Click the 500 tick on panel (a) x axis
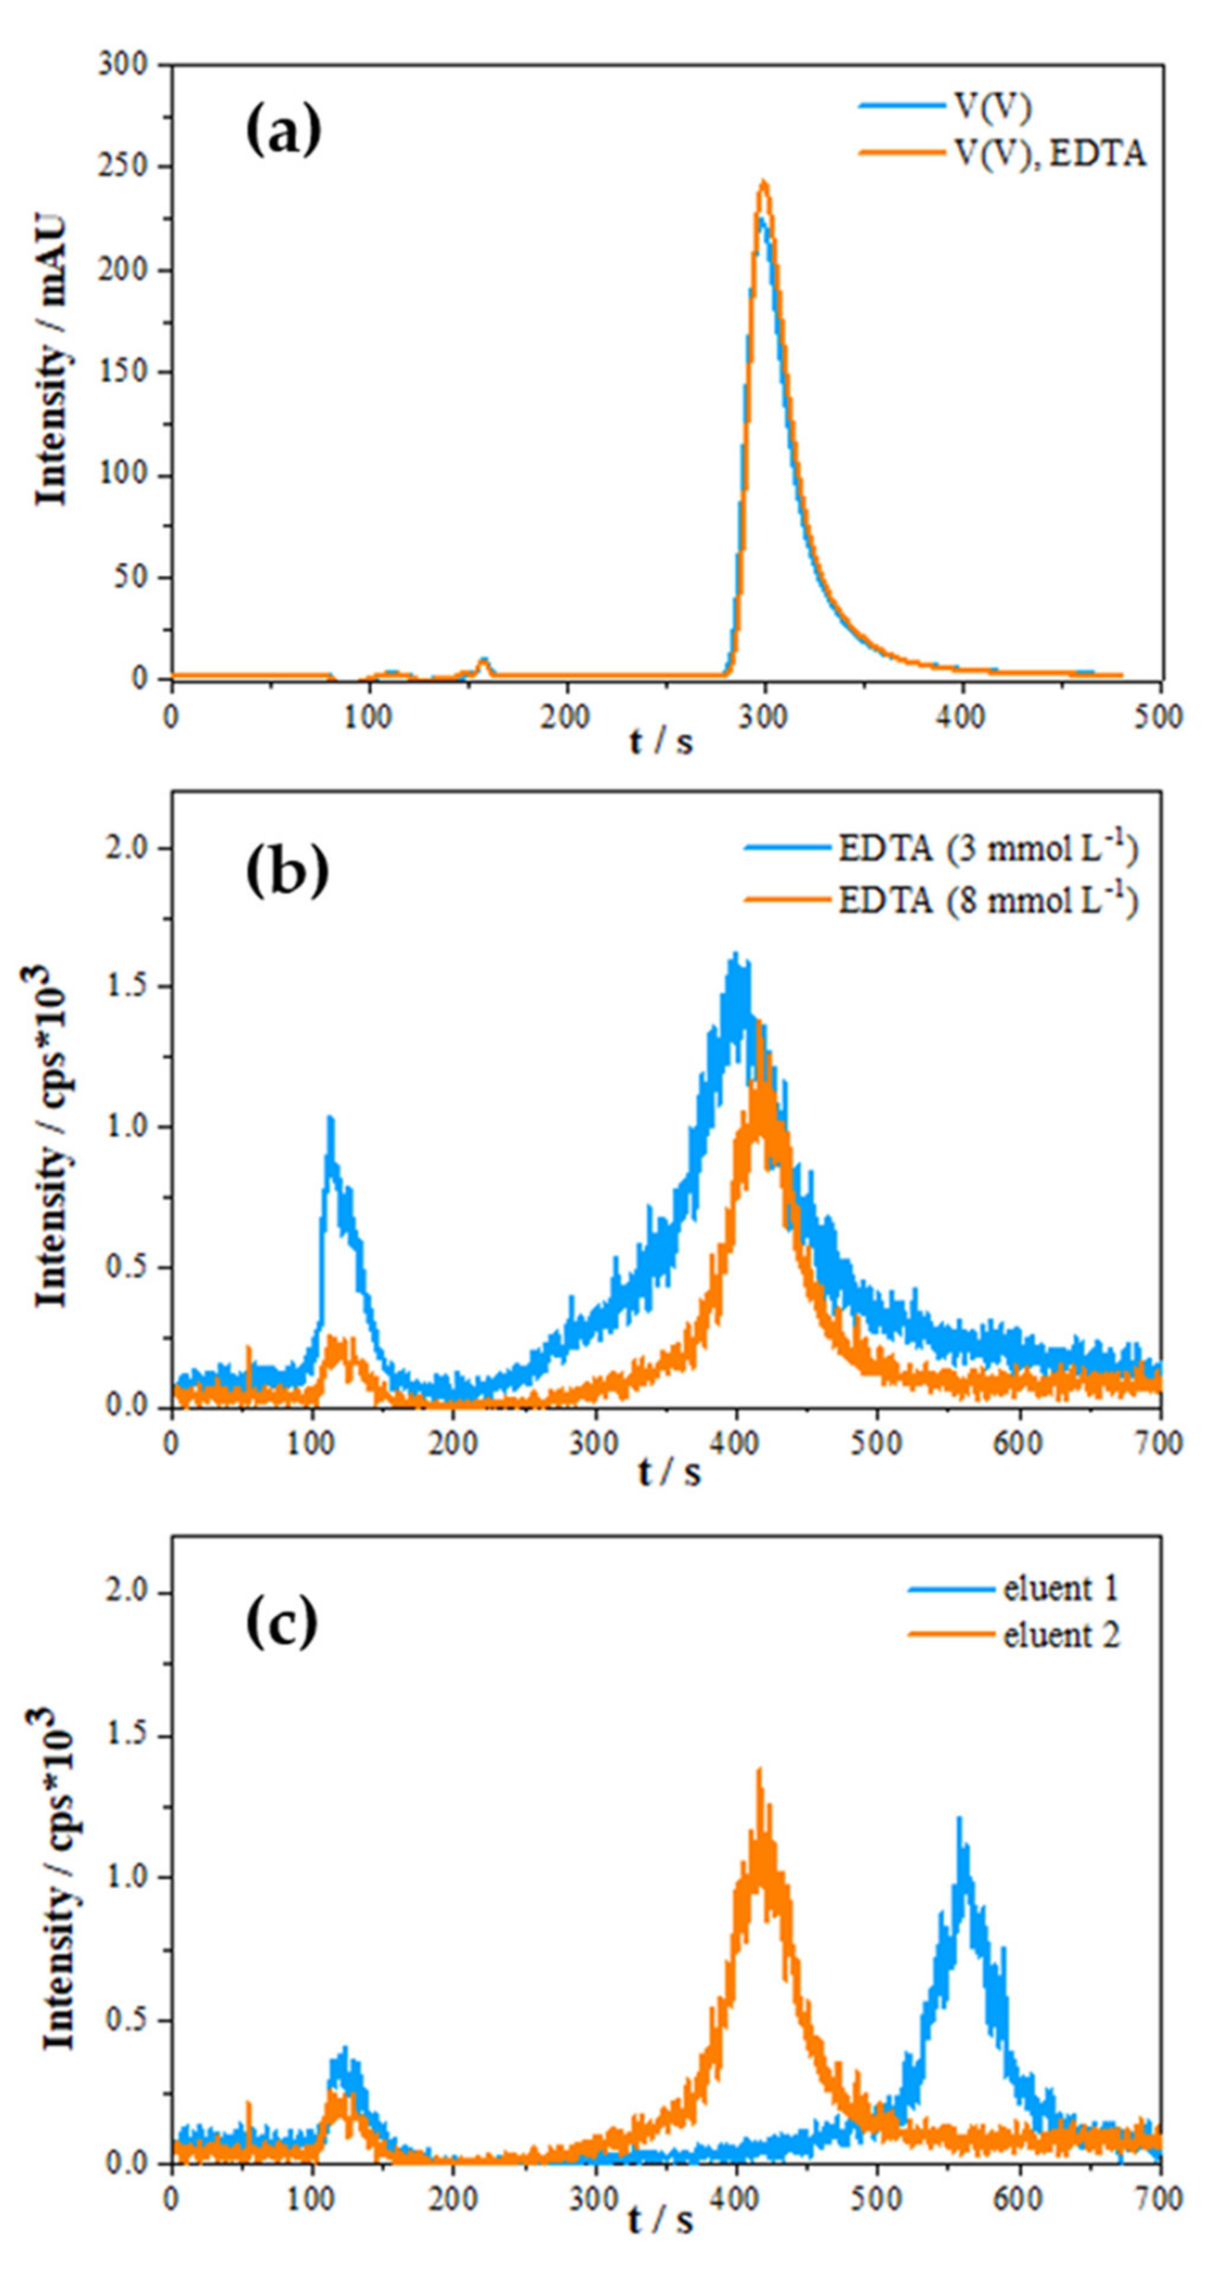[x=1159, y=717]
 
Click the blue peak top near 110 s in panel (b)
[x=331, y=1119]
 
